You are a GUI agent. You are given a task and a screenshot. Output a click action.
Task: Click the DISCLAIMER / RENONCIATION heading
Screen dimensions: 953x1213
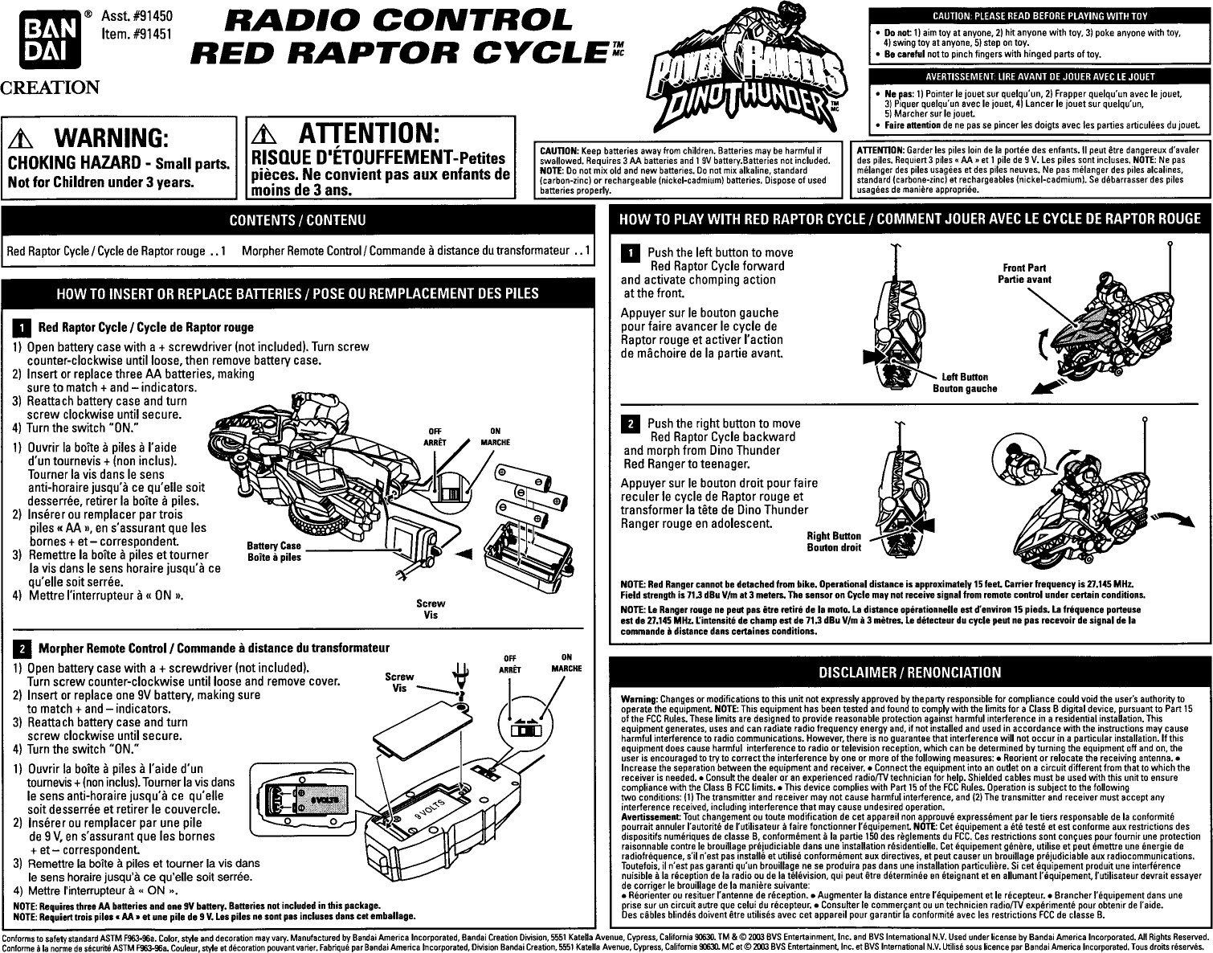pos(909,672)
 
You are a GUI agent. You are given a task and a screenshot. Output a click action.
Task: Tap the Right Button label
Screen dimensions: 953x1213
pos(834,536)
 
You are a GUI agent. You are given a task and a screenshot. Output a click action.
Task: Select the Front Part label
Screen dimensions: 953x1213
pos(1024,268)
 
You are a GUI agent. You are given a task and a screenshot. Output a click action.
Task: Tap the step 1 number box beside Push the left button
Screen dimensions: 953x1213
pos(632,254)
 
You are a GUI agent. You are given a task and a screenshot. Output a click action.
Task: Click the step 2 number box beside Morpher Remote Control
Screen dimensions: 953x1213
pos(24,648)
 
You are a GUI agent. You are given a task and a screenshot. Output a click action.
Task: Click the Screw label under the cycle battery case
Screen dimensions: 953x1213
pos(431,603)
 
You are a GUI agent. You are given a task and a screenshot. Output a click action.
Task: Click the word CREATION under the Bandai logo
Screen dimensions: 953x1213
pos(50,87)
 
